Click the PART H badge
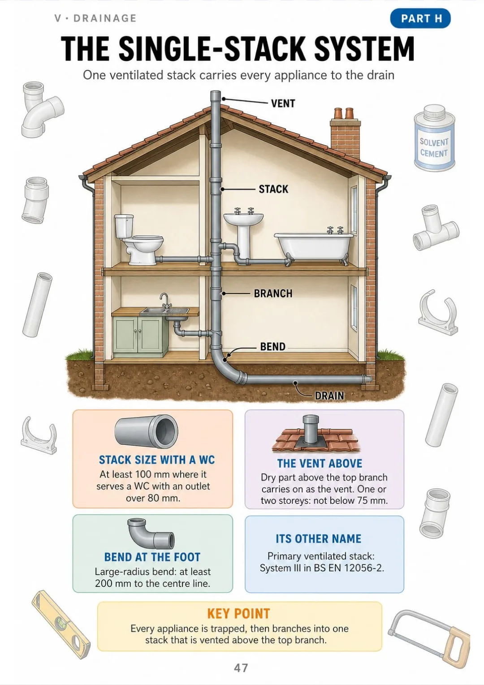point(420,18)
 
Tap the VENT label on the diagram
point(283,103)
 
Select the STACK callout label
point(273,189)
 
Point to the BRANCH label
point(273,293)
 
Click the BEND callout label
point(272,346)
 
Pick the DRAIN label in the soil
point(329,396)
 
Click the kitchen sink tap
point(165,301)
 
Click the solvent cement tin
point(434,137)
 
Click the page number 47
point(241,668)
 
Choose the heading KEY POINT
point(238,613)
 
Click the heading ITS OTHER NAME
point(319,539)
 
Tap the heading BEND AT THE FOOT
point(152,557)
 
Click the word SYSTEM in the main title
point(364,49)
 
